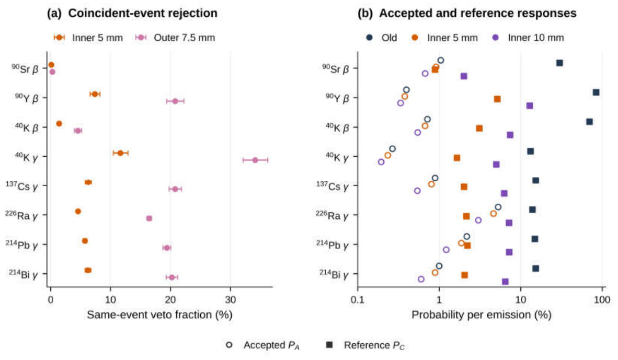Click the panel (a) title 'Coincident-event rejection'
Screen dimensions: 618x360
point(143,13)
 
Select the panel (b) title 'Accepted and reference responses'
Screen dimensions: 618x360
point(478,13)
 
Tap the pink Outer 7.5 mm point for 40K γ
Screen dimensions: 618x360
point(255,160)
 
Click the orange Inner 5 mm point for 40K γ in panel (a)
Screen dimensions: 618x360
point(120,153)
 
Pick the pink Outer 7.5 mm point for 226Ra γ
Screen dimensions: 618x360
point(149,218)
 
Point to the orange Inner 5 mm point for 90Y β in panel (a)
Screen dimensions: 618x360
point(95,94)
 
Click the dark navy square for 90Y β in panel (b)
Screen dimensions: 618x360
point(596,92)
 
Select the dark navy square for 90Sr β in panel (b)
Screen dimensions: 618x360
point(559,63)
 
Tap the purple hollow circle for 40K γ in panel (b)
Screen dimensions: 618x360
point(381,162)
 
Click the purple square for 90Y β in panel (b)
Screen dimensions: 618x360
point(530,106)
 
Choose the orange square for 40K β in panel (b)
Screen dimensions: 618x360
point(479,129)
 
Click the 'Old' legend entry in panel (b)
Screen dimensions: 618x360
point(381,38)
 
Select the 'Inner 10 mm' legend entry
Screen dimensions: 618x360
point(528,38)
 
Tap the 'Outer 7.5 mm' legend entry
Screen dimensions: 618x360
point(175,38)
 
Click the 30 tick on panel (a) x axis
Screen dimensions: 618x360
point(231,300)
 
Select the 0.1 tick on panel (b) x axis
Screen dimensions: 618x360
point(358,300)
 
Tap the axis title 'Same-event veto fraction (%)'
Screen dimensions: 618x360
point(159,315)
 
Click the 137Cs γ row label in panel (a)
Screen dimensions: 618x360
point(22,185)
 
